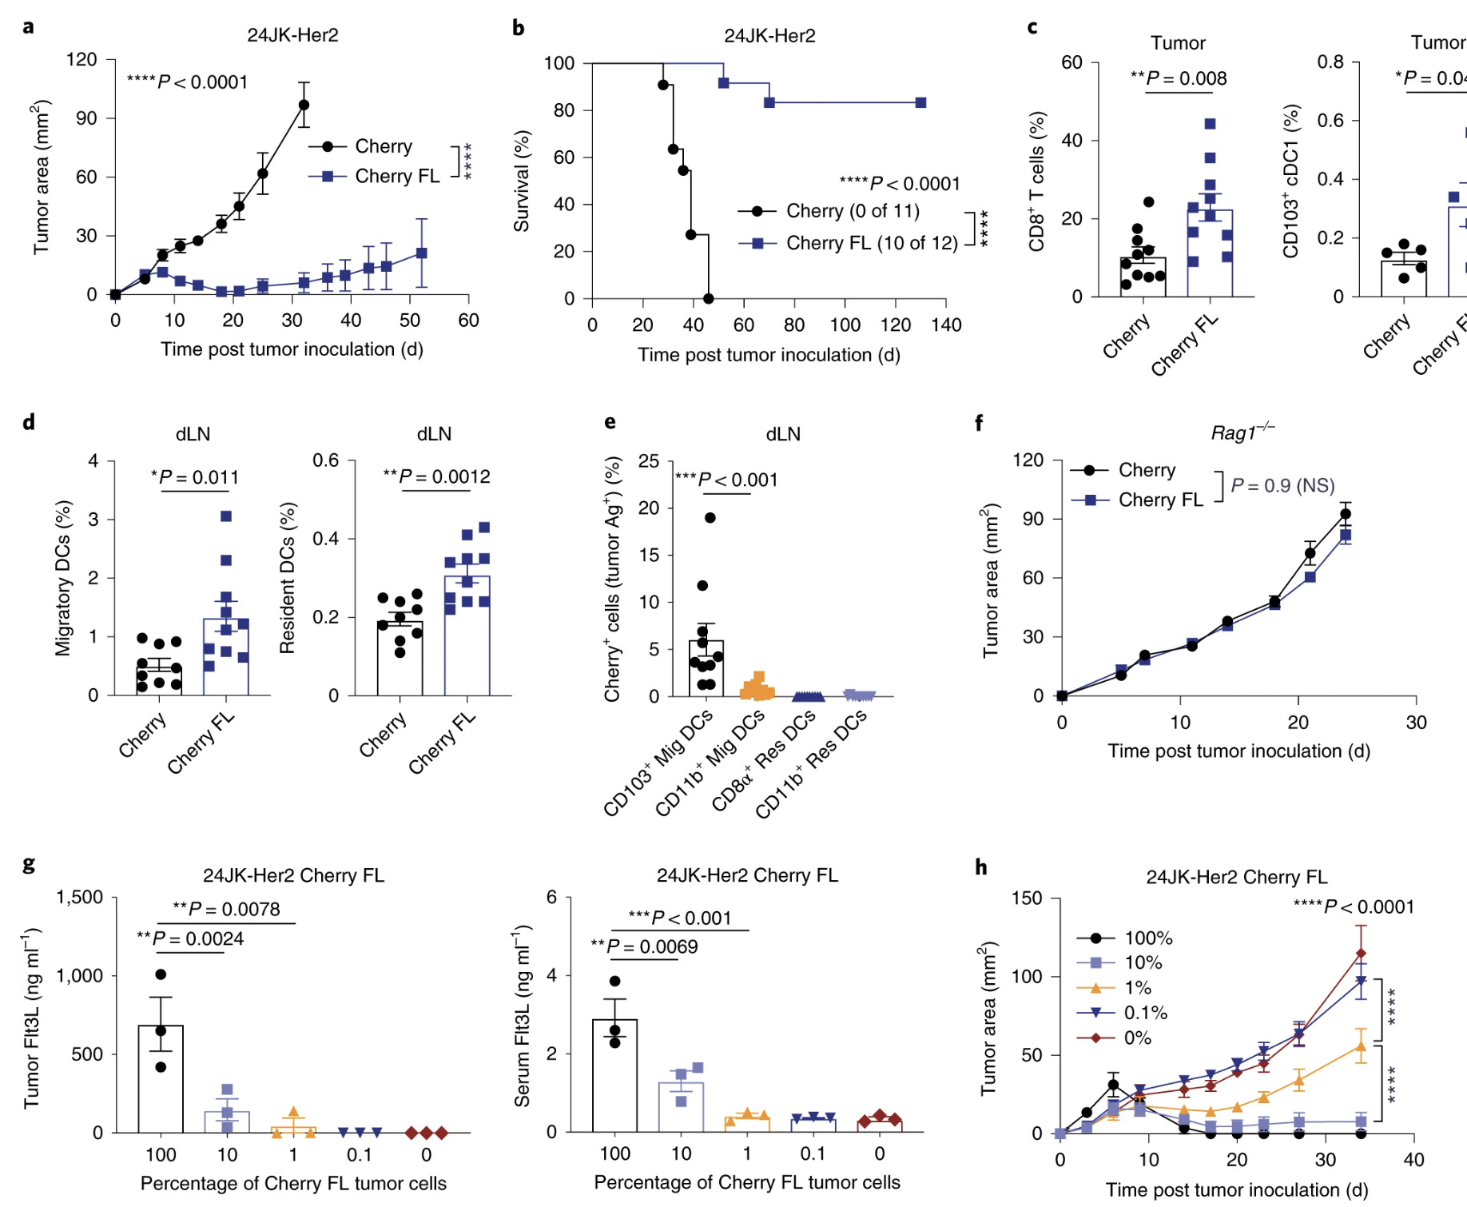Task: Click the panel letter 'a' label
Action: [x=29, y=28]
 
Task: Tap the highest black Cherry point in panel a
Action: [x=304, y=105]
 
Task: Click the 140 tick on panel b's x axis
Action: [x=946, y=325]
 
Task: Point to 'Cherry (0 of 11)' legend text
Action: [x=853, y=211]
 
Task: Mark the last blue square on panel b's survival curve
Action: [x=920, y=103]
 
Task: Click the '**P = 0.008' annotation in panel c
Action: [x=1179, y=78]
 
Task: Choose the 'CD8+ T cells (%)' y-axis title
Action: [x=1036, y=181]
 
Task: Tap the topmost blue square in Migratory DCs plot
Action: [x=226, y=516]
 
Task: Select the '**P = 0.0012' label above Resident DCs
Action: [x=436, y=477]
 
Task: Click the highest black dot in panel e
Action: [x=710, y=518]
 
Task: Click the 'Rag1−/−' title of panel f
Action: [x=1242, y=432]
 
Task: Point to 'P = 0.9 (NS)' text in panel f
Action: [x=1282, y=486]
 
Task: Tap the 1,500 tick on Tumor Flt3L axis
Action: [x=80, y=898]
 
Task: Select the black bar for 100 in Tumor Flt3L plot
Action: [x=161, y=1078]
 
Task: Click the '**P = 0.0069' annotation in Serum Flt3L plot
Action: [x=644, y=947]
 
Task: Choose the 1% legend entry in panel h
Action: [x=1137, y=988]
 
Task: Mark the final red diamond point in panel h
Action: [x=1361, y=954]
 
